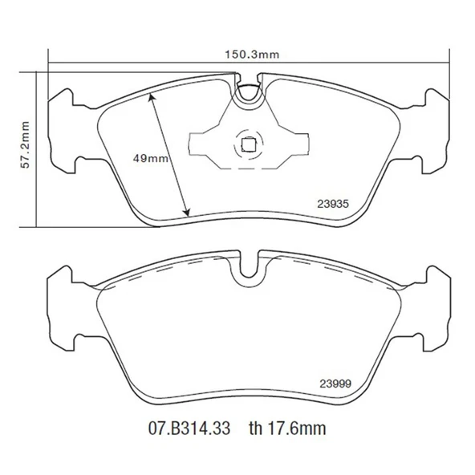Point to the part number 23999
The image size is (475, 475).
pyautogui.click(x=334, y=382)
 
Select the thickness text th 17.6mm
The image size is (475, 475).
pyautogui.click(x=287, y=429)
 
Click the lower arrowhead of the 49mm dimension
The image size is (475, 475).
pyautogui.click(x=188, y=213)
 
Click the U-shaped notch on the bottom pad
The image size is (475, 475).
pyautogui.click(x=249, y=270)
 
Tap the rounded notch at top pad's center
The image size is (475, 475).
pyautogui.click(x=249, y=90)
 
